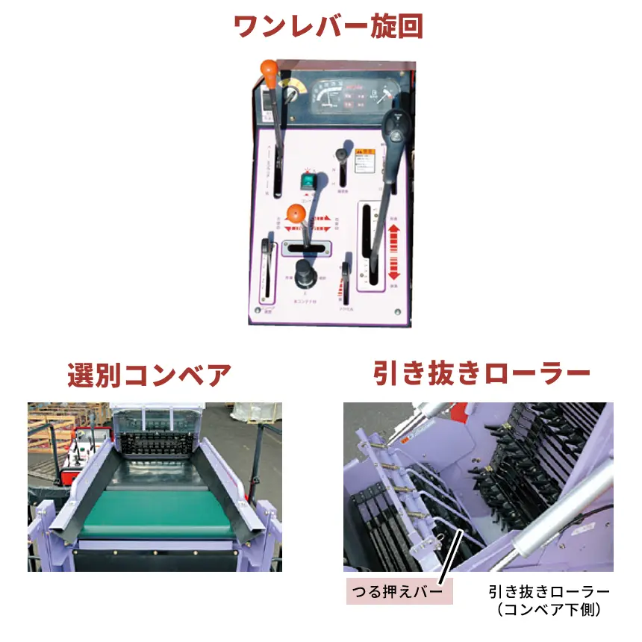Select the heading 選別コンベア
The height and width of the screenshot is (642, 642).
(149, 375)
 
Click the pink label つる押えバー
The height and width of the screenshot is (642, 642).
(399, 592)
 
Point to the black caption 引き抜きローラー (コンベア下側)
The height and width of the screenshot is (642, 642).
(549, 600)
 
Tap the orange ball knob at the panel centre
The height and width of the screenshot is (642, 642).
(297, 214)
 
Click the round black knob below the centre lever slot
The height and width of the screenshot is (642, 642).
(305, 274)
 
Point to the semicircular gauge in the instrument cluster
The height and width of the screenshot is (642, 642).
(328, 96)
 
